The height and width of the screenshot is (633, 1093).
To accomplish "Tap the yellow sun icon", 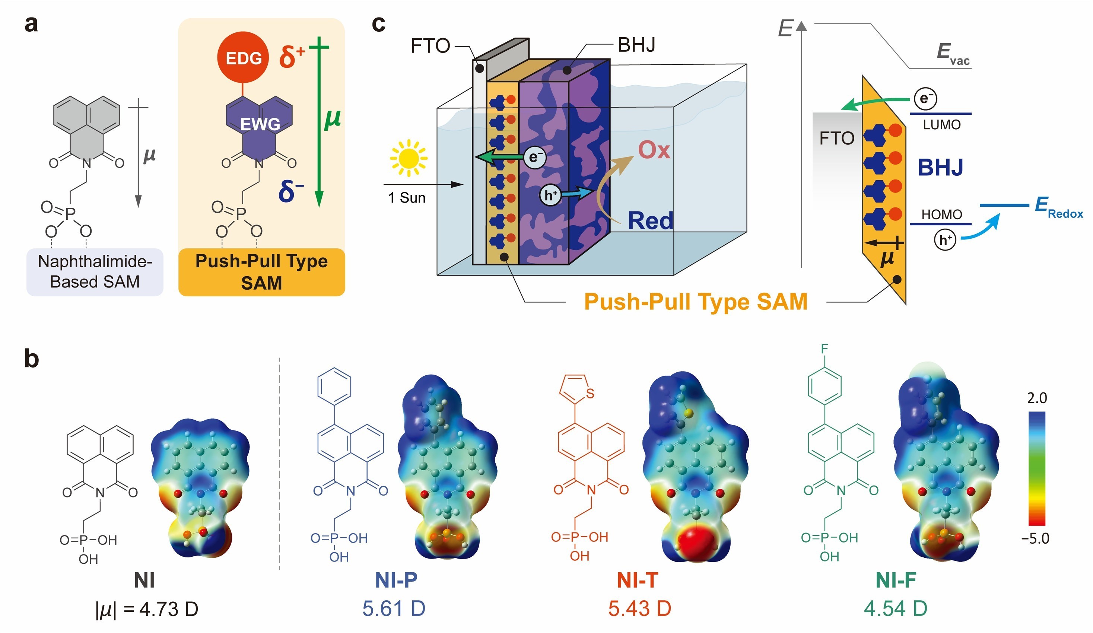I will pyautogui.click(x=408, y=158).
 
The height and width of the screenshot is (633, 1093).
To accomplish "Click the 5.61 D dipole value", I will pyautogui.click(x=394, y=608).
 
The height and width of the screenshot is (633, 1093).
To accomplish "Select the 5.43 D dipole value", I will pyautogui.click(x=639, y=608).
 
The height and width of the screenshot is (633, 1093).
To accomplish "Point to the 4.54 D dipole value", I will pyautogui.click(x=895, y=608).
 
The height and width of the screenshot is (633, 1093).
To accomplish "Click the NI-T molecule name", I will pyautogui.click(x=637, y=580).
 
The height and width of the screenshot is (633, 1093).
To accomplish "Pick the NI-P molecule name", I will pyautogui.click(x=396, y=580).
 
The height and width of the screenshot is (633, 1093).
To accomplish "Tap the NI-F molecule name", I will pyautogui.click(x=896, y=580).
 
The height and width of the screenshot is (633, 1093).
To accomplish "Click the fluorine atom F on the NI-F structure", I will pyautogui.click(x=824, y=349).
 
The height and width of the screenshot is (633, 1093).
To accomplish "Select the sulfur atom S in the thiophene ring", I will pyautogui.click(x=590, y=394).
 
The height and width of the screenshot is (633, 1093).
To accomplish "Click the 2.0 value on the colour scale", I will pyautogui.click(x=1037, y=398).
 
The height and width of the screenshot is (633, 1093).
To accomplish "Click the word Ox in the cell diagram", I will pyautogui.click(x=654, y=150).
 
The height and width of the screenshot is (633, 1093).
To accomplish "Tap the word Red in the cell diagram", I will pyautogui.click(x=650, y=221).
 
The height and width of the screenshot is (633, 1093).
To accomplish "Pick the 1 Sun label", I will pyautogui.click(x=406, y=198).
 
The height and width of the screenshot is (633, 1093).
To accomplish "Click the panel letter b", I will pyautogui.click(x=32, y=359).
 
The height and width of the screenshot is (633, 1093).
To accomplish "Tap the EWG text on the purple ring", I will pyautogui.click(x=260, y=124).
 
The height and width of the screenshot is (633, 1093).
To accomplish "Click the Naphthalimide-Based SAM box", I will pyautogui.click(x=95, y=272).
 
